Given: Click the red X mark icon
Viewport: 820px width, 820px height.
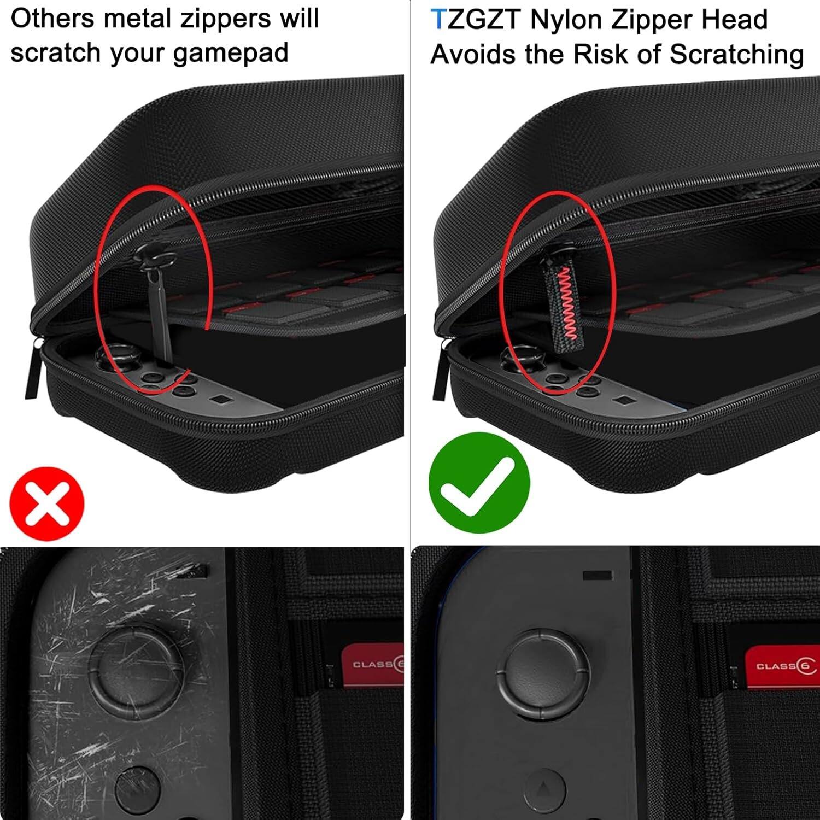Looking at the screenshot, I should click(48, 503).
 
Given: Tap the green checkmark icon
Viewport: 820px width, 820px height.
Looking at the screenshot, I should click(479, 482).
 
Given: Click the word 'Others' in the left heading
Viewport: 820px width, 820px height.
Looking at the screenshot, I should click(52, 19).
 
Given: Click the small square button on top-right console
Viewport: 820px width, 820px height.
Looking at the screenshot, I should click(620, 401).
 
